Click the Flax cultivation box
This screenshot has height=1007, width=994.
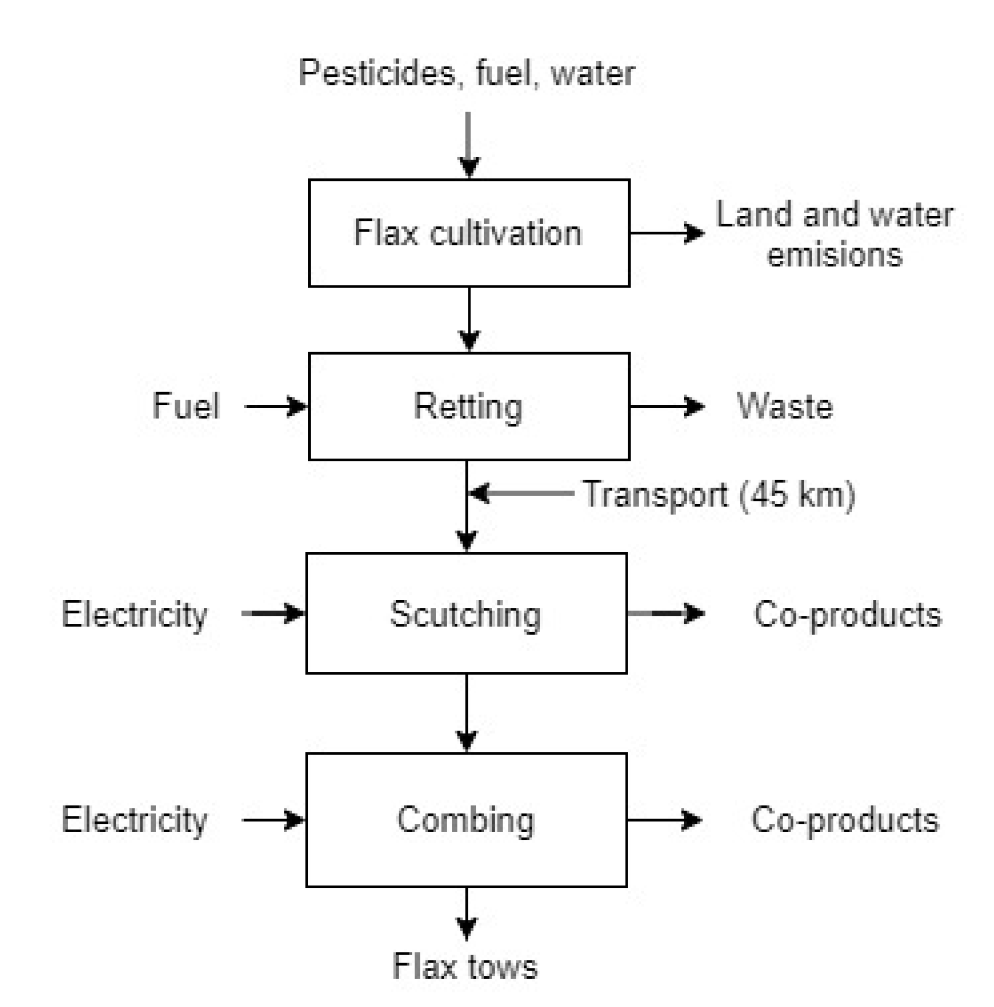(x=468, y=232)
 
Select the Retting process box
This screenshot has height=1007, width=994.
(x=468, y=406)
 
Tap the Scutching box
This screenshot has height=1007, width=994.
(x=466, y=613)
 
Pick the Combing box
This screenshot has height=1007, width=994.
(x=466, y=820)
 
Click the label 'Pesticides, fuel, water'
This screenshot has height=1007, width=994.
(x=466, y=73)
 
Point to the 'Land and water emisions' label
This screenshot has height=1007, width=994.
(x=834, y=234)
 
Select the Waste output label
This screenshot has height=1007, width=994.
(x=784, y=406)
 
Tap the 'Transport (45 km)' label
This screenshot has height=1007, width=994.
(x=719, y=494)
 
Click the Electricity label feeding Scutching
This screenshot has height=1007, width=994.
(x=134, y=614)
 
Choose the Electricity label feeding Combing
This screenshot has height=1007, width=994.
(x=134, y=820)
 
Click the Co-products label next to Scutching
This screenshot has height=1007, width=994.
(x=847, y=614)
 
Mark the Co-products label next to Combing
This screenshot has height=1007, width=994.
(x=844, y=820)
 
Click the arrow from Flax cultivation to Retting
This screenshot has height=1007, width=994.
(x=469, y=319)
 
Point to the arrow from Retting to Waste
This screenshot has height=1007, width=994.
(x=667, y=406)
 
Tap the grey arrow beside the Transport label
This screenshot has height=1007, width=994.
(x=521, y=493)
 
